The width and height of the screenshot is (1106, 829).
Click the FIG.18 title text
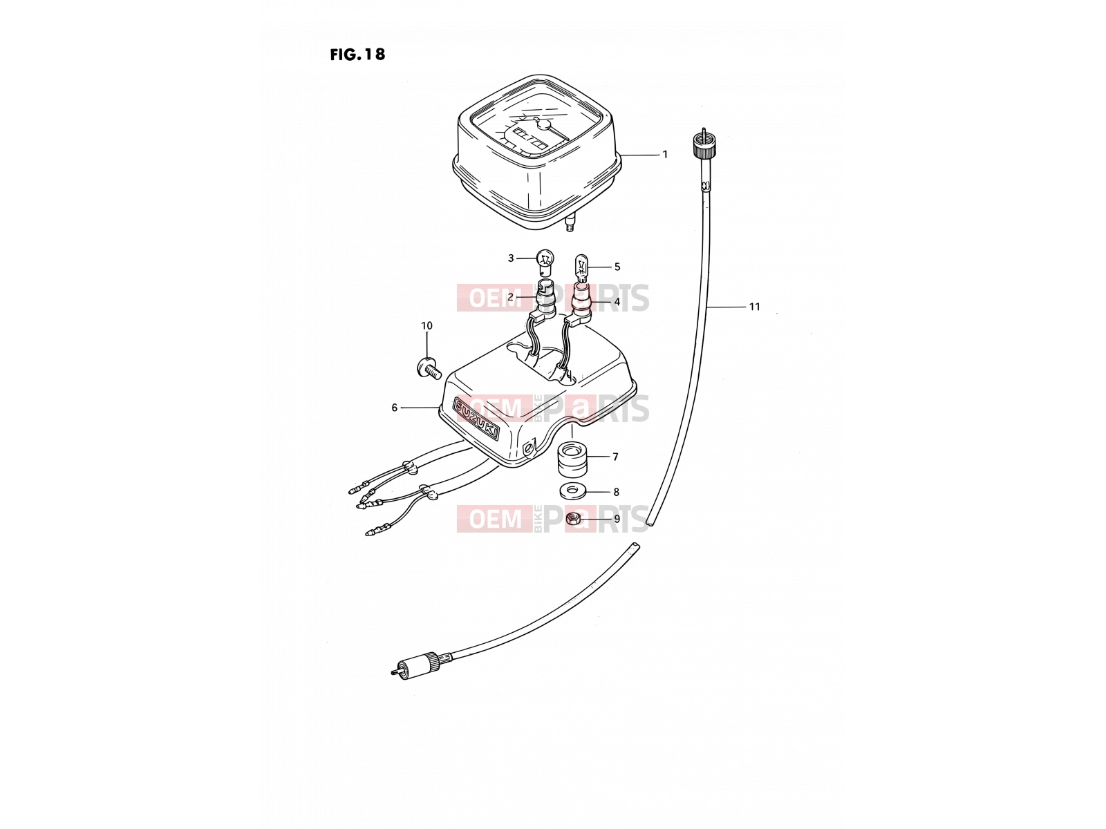(x=357, y=55)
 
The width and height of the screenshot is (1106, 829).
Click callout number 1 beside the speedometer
(x=665, y=155)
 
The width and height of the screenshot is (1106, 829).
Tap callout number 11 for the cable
(x=754, y=307)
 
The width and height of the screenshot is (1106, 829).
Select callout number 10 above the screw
(x=427, y=325)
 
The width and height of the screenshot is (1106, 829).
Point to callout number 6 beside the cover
(x=395, y=408)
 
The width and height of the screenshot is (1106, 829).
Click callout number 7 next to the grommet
(x=615, y=457)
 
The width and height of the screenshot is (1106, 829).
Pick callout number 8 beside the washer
(x=615, y=492)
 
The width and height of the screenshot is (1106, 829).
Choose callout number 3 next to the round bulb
(x=510, y=258)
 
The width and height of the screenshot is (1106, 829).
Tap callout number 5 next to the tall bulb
(x=617, y=267)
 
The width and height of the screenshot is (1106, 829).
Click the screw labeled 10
(x=429, y=368)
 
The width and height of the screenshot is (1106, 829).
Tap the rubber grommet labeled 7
(x=572, y=458)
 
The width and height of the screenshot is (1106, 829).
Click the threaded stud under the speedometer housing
(x=570, y=222)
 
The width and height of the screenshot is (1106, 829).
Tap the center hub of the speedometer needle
(x=544, y=124)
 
